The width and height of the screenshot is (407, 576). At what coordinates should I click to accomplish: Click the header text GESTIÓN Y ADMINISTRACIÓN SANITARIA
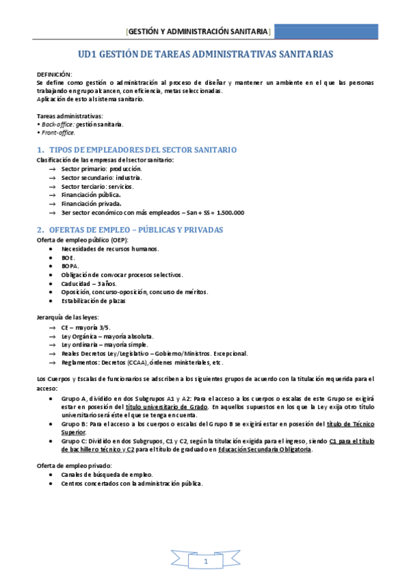point(199,33)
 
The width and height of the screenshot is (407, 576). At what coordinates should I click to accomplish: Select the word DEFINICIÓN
point(54,74)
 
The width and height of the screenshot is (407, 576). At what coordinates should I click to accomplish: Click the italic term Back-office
point(57,124)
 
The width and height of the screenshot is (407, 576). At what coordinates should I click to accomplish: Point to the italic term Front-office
point(58,132)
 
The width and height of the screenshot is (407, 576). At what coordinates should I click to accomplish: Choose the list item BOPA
point(70,266)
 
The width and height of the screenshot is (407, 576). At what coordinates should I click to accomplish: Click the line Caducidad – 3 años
point(88,283)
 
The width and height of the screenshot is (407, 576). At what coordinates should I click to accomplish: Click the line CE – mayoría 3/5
point(85,327)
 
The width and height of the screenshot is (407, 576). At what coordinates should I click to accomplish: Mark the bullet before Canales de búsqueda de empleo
point(52,475)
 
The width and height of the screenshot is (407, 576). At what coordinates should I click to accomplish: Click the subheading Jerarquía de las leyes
point(67,317)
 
